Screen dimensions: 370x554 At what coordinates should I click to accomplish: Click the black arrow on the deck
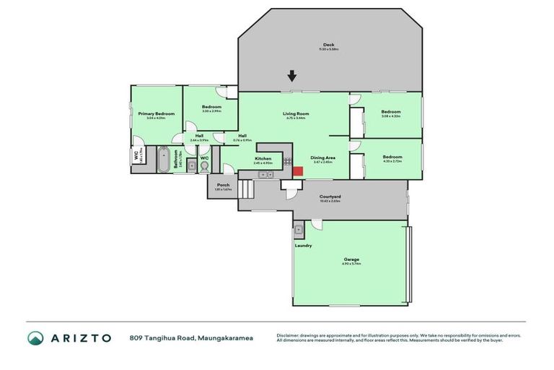(291, 76)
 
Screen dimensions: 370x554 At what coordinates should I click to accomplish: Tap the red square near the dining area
(297, 171)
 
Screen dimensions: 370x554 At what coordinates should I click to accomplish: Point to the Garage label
(351, 259)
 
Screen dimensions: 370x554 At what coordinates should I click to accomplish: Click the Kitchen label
(263, 158)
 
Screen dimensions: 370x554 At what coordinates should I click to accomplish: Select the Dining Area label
(322, 158)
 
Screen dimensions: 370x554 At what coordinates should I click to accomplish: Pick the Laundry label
(303, 245)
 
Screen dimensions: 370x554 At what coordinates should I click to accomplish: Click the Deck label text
(328, 45)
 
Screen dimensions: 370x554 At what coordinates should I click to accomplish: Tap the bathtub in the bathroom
(162, 158)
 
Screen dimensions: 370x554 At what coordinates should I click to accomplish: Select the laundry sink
(299, 231)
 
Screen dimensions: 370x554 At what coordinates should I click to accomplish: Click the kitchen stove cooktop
(288, 163)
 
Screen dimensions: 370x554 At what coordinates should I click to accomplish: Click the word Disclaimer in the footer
(289, 335)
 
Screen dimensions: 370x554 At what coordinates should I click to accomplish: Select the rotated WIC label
(136, 155)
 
